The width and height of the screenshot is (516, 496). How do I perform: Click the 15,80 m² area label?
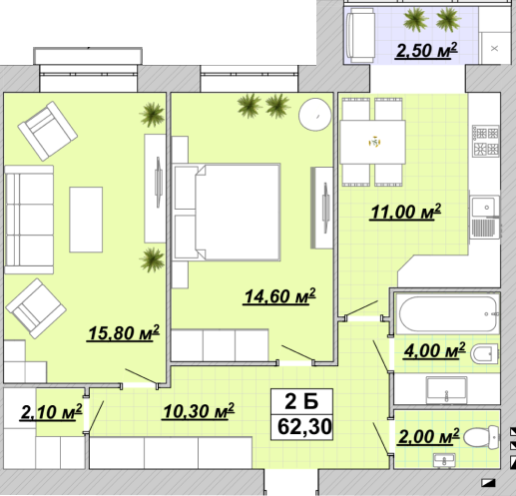[123, 333]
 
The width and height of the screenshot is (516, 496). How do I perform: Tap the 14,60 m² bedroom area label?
[279, 296]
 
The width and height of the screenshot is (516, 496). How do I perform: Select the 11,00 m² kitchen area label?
[405, 212]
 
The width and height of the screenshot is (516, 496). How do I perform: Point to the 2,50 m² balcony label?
[426, 51]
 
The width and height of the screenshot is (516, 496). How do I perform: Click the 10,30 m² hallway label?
[199, 411]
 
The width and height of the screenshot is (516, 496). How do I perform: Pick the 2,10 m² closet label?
[51, 412]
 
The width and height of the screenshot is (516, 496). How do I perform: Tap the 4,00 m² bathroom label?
[434, 350]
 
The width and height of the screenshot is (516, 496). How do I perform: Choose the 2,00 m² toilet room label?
[429, 436]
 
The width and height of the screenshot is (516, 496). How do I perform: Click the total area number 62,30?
[304, 426]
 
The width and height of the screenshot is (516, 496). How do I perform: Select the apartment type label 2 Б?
[301, 401]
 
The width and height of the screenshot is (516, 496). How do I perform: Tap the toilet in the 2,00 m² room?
[481, 436]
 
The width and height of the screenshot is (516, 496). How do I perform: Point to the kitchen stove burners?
[486, 141]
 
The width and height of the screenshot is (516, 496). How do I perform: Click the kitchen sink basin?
[485, 207]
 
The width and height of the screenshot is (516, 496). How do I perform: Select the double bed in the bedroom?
[227, 213]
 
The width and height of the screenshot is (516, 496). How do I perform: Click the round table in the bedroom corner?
[315, 115]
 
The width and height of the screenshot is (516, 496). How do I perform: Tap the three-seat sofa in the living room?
[29, 220]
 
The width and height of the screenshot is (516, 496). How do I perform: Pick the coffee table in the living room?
[86, 220]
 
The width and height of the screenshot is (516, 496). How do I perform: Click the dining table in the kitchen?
[372, 142]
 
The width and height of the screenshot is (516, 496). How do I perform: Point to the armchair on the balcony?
[360, 35]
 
